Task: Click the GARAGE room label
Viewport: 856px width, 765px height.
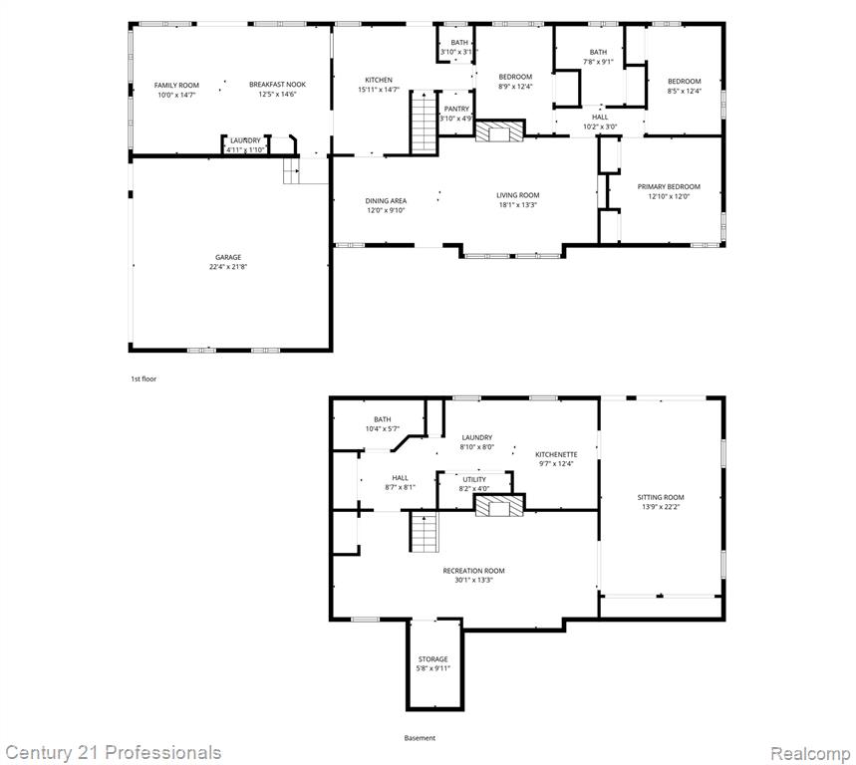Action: click(228, 257)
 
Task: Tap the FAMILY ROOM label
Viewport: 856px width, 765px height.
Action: click(176, 85)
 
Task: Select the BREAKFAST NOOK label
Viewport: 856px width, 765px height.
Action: click(277, 85)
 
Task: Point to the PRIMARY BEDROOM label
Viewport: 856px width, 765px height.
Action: click(669, 186)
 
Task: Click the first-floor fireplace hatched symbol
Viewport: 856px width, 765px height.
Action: click(499, 131)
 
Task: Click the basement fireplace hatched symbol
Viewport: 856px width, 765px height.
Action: click(499, 506)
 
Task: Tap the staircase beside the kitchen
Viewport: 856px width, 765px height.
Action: click(425, 123)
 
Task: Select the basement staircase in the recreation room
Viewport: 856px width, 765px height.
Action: click(425, 532)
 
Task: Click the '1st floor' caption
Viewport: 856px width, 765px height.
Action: click(143, 379)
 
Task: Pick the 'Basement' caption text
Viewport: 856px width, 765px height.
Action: click(420, 738)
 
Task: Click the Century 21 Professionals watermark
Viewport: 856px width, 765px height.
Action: click(113, 753)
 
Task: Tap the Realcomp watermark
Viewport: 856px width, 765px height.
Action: click(810, 753)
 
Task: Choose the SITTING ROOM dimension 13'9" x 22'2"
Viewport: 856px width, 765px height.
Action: click(661, 507)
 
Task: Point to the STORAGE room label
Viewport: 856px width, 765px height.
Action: click(432, 659)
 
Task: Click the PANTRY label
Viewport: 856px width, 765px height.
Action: click(456, 110)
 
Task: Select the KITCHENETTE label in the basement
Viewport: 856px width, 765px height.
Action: click(556, 454)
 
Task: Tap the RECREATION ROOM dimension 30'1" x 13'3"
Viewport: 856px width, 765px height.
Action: click(474, 580)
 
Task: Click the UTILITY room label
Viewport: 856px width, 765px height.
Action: click(474, 480)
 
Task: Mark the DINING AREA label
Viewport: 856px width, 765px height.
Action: click(386, 201)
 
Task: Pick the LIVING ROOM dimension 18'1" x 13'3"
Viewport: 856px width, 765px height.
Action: click(518, 205)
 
